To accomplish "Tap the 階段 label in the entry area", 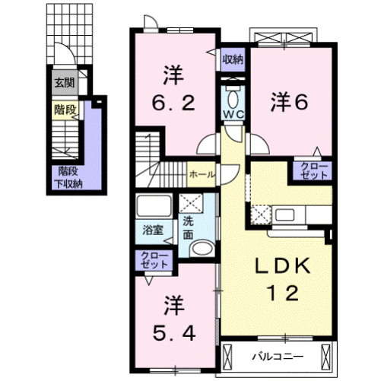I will point(64,110).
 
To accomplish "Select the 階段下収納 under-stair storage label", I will point(66,177).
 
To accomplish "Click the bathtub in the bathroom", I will point(153,207).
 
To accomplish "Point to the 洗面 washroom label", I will point(186,227).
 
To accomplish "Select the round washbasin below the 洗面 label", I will point(201,249).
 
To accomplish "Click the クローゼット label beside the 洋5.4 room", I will point(153,260).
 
